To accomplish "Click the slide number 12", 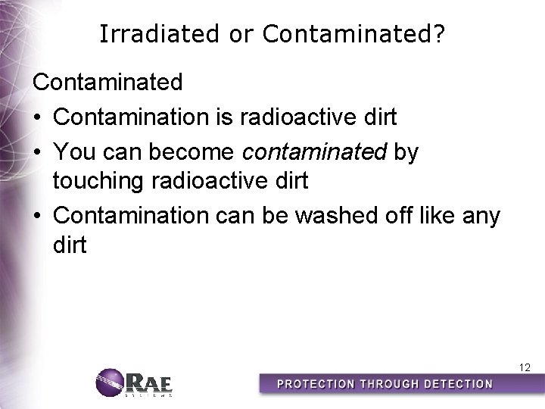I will click(525, 368).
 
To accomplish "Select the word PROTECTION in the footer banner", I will click(313, 384).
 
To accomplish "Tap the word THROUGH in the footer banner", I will click(383, 384).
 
